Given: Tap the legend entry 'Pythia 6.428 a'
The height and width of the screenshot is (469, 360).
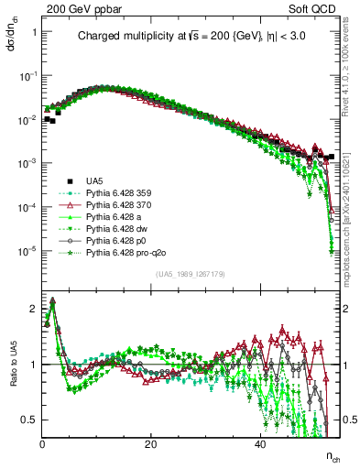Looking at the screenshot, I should point(111,217).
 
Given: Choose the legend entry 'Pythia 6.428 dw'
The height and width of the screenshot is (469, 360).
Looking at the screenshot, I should point(114,229).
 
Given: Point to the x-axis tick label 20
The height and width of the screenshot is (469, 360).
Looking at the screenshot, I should point(151,444).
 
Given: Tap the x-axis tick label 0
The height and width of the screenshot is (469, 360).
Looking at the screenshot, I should point(43,444).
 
